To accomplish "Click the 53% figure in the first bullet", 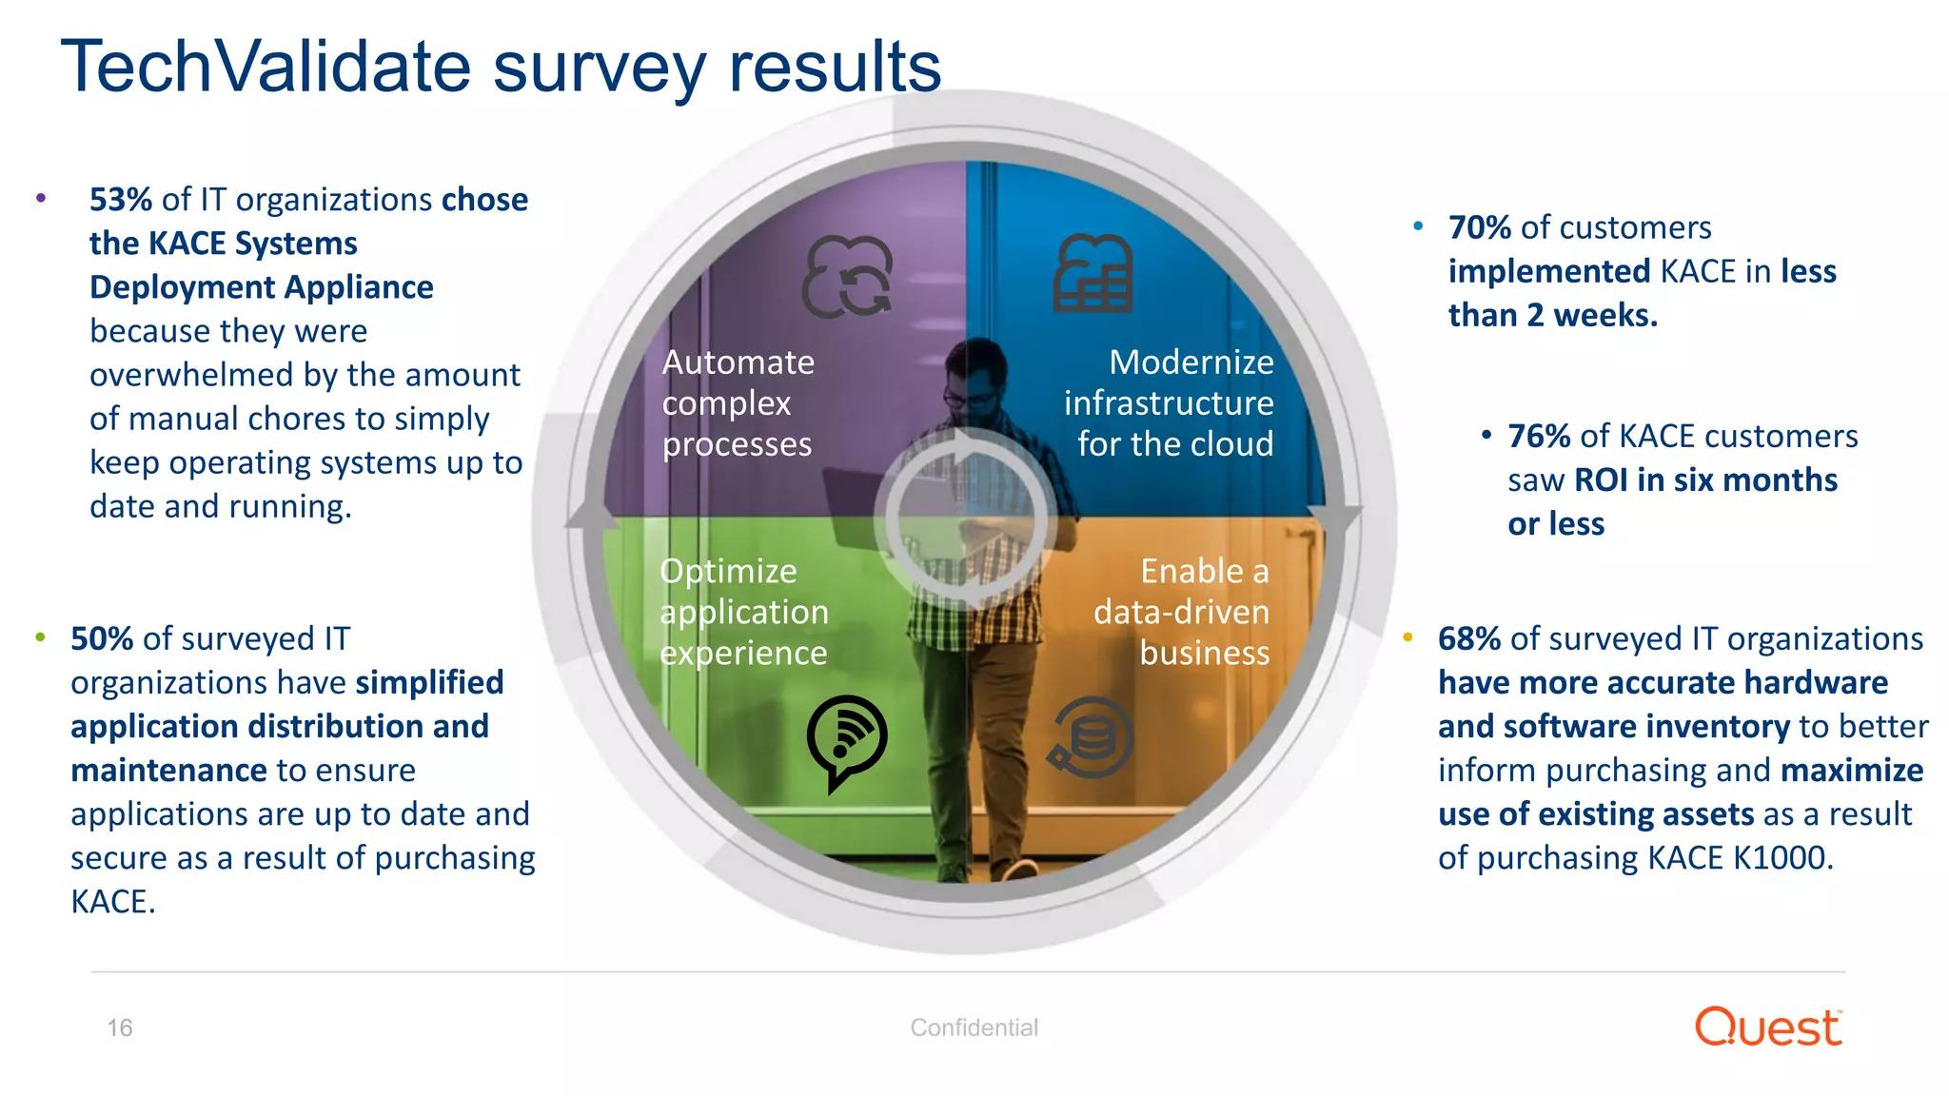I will [x=121, y=200].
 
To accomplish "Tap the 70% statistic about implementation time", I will [x=1479, y=228].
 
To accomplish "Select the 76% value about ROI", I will [x=1539, y=437].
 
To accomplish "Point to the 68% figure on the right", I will [x=1468, y=639].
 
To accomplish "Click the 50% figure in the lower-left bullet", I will [x=102, y=639].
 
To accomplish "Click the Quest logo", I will [x=1768, y=1027].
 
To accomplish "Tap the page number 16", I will [x=120, y=1028].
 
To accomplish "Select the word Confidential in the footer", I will [x=974, y=1028].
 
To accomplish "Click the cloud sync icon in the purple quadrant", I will [x=847, y=277].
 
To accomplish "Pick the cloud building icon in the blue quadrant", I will [x=1093, y=274].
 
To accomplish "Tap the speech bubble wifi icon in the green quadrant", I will [x=846, y=741].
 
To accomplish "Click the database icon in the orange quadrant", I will [x=1092, y=738].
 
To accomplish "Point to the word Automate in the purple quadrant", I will [x=738, y=363].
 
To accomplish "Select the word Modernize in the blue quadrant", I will [x=1191, y=363].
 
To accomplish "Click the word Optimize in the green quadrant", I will [x=728, y=572].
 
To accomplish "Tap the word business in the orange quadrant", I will [x=1204, y=654].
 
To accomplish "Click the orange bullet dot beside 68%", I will [x=1408, y=637].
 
